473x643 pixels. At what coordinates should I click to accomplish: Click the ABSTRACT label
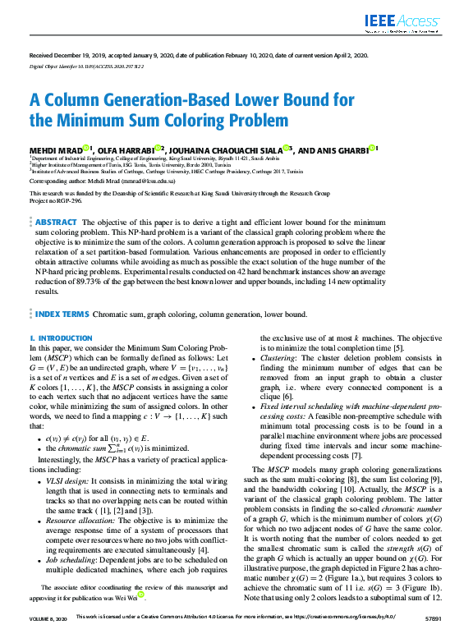coord(55,223)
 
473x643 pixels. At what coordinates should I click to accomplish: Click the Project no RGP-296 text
coord(54,200)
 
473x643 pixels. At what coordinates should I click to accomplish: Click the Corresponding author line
coord(103,179)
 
